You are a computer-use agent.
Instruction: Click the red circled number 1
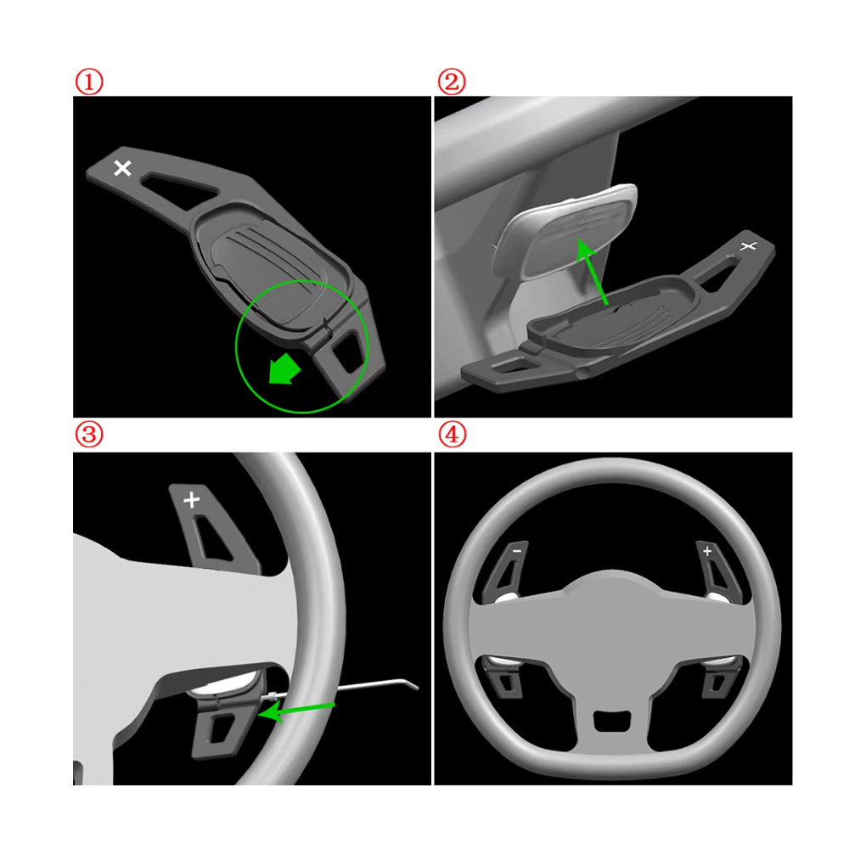pyautogui.click(x=89, y=82)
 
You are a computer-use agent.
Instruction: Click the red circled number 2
pyautogui.click(x=452, y=82)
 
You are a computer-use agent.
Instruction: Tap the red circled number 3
pyautogui.click(x=89, y=434)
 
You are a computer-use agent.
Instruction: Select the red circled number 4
pyautogui.click(x=452, y=434)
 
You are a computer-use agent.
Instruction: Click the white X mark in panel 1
pyautogui.click(x=123, y=168)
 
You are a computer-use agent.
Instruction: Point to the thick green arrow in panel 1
pyautogui.click(x=284, y=369)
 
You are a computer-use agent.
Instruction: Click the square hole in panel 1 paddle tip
pyautogui.click(x=347, y=352)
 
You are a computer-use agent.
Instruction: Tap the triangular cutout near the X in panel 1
pyautogui.click(x=178, y=190)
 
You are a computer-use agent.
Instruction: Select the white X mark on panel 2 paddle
pyautogui.click(x=748, y=246)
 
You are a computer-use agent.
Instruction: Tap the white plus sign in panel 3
pyautogui.click(x=191, y=499)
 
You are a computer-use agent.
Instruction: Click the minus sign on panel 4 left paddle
pyautogui.click(x=517, y=551)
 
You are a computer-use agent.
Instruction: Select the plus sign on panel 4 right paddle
pyautogui.click(x=707, y=551)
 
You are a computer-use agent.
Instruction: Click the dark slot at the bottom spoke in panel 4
pyautogui.click(x=612, y=721)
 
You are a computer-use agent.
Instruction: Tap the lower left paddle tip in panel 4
pyautogui.click(x=504, y=681)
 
